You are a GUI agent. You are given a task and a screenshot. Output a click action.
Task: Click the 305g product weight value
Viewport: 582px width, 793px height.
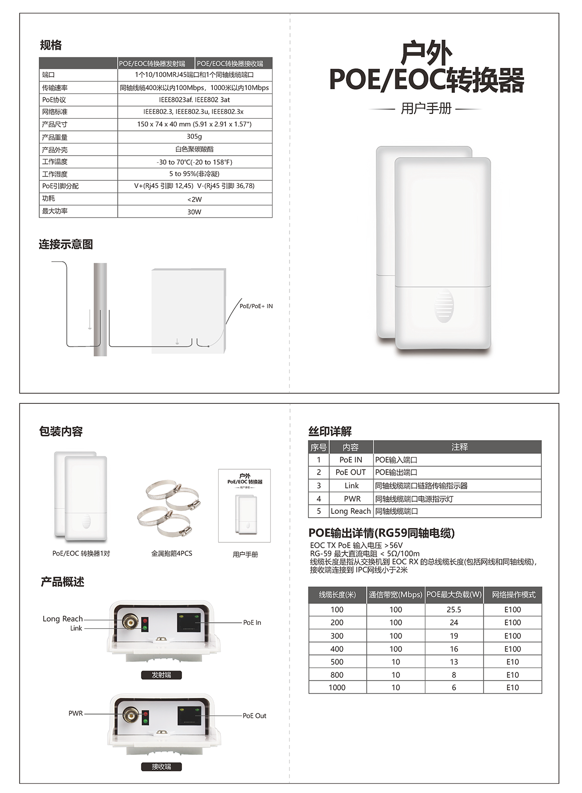[194, 137]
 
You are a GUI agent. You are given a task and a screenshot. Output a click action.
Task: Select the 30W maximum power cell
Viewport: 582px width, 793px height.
[194, 212]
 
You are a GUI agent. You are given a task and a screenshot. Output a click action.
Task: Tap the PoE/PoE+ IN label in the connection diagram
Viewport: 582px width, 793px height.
[256, 306]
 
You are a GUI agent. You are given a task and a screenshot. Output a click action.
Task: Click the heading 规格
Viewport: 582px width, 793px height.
[50, 46]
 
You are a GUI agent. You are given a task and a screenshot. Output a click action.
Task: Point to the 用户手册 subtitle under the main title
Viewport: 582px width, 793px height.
[426, 109]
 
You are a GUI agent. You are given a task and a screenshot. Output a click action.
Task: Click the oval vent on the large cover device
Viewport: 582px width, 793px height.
[443, 306]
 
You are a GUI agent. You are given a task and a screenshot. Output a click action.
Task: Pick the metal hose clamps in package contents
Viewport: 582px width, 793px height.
[169, 508]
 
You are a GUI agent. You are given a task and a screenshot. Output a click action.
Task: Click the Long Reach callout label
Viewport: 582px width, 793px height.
[63, 619]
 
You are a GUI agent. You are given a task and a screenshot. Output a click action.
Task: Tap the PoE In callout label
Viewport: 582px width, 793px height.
[252, 622]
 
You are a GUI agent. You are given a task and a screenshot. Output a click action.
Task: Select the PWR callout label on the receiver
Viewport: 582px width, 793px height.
[76, 714]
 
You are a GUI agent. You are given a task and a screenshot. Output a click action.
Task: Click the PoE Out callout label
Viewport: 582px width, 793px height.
[255, 716]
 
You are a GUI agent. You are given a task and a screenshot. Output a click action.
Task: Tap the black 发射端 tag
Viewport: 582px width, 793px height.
[161, 675]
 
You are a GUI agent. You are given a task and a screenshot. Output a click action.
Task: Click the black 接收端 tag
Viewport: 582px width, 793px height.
[161, 766]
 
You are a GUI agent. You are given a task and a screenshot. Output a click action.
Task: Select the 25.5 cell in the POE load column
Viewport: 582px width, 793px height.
[454, 610]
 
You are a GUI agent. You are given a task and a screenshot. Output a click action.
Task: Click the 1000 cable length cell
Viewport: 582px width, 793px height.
[337, 687]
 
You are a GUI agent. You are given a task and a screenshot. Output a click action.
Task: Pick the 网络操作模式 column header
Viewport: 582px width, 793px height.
[513, 595]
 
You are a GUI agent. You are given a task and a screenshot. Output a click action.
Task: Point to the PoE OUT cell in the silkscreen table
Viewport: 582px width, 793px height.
[351, 473]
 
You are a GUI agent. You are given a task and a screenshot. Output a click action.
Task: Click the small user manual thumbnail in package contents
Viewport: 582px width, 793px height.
[244, 506]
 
